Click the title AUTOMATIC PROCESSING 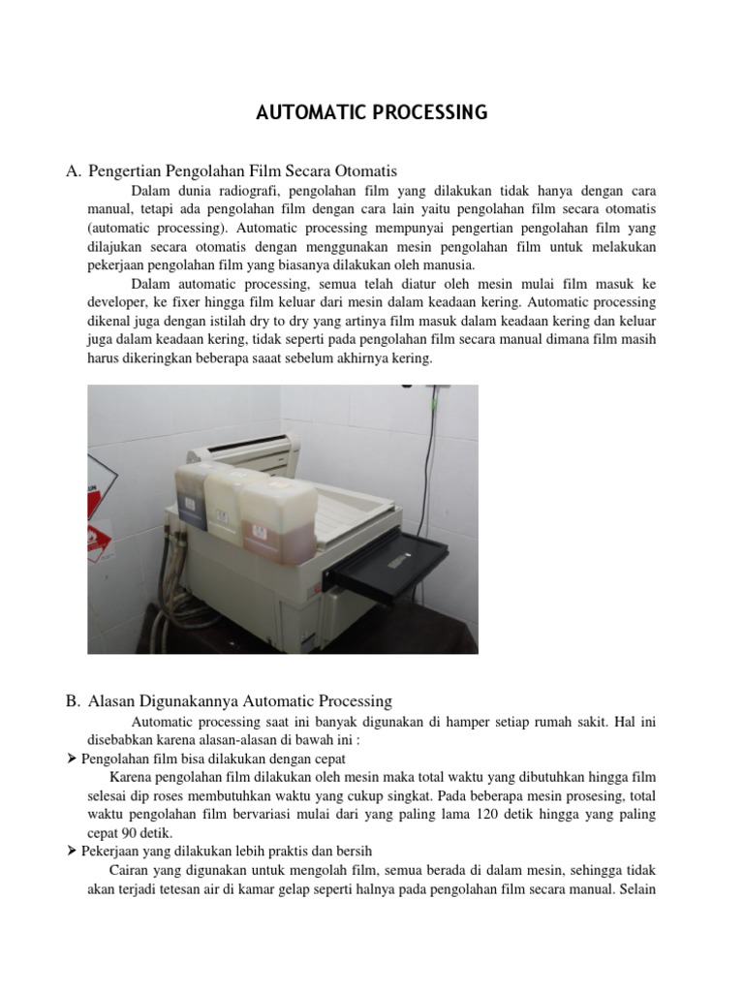(372, 113)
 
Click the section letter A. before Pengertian (74, 171)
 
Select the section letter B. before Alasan (74, 700)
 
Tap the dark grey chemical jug (192, 498)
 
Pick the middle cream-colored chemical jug (229, 498)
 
